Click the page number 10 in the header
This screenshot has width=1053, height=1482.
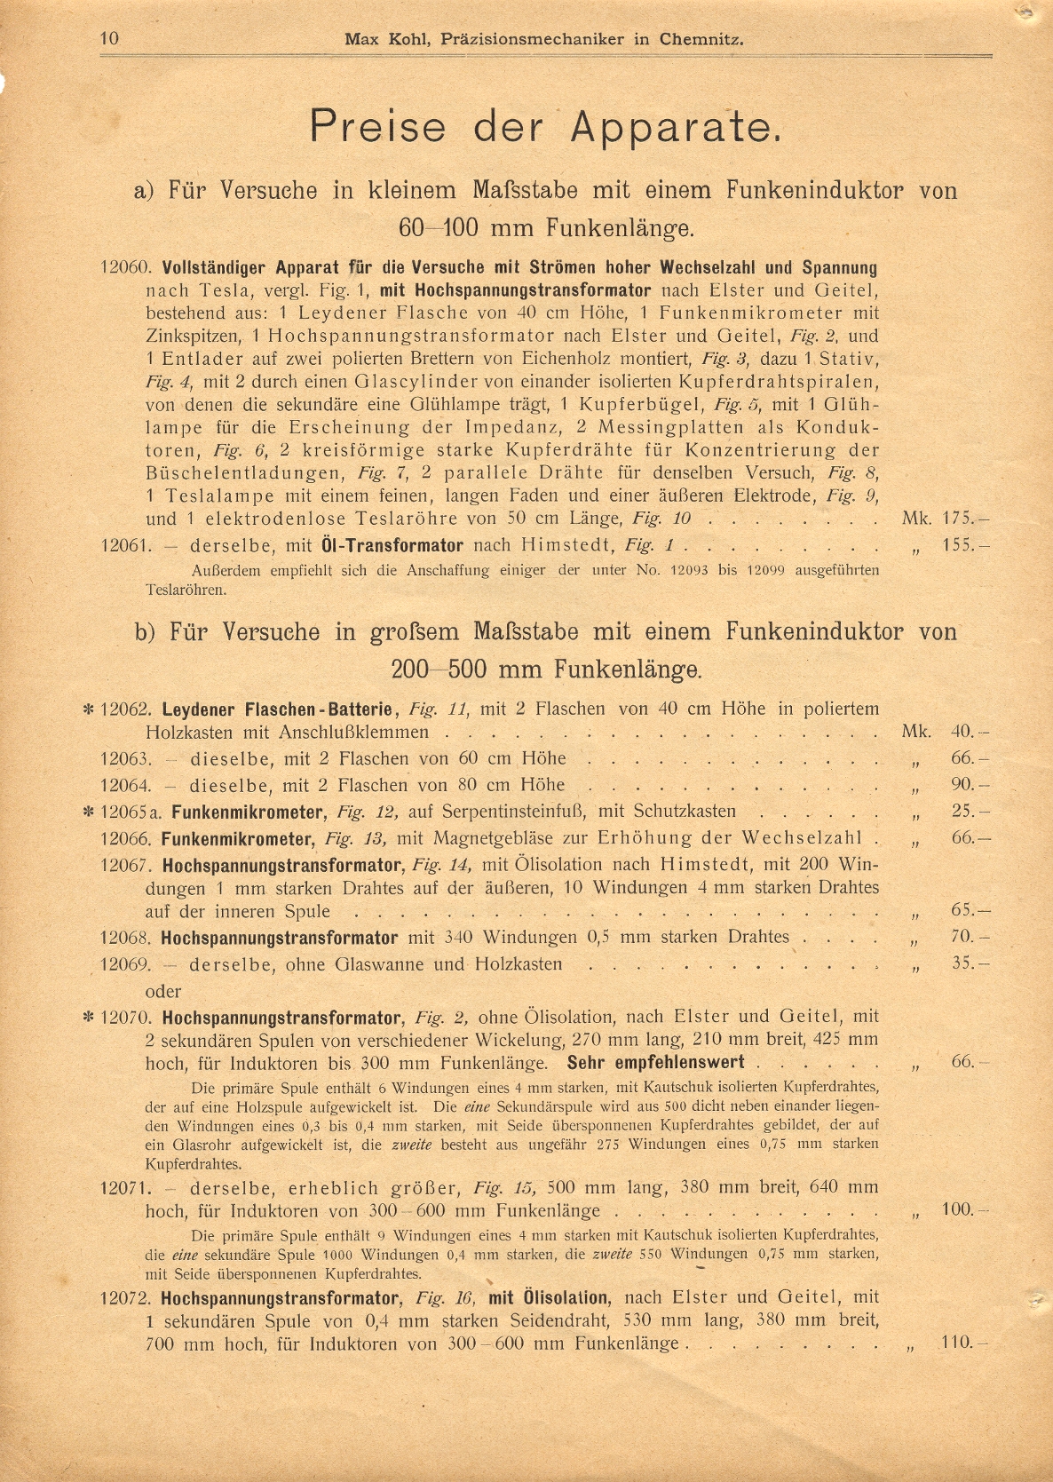click(110, 38)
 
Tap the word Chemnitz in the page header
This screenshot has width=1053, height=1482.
click(701, 39)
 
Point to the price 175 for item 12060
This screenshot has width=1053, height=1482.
click(959, 519)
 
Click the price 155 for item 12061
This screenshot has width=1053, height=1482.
click(959, 545)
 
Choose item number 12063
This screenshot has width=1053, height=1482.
click(126, 759)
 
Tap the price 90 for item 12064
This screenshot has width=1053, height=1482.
click(963, 785)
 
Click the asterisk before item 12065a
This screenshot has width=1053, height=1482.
click(89, 812)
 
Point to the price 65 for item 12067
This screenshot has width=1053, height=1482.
click(963, 910)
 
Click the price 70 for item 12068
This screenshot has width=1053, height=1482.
click(963, 937)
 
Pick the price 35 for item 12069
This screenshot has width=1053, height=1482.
click(963, 963)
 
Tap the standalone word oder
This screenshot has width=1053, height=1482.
click(163, 991)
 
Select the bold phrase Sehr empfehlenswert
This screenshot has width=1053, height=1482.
click(655, 1063)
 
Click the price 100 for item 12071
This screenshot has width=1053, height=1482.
click(959, 1209)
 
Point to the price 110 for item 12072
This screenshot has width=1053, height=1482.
click(959, 1342)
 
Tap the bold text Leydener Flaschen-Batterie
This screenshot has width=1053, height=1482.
click(277, 709)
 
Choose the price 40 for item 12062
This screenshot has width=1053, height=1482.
click(963, 733)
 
